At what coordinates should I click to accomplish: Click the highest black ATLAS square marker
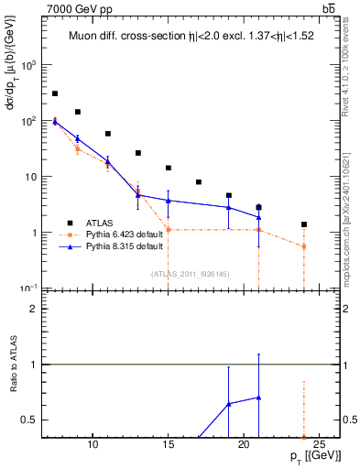[x=55, y=93]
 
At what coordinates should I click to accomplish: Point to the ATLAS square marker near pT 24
[x=304, y=224]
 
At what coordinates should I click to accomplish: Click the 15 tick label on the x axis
[x=168, y=445]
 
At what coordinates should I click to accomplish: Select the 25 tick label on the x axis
[x=319, y=445]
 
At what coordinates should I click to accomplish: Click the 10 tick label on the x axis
[x=93, y=445]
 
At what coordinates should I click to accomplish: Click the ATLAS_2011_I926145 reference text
[x=190, y=273]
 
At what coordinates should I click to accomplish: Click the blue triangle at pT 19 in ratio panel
[x=228, y=403]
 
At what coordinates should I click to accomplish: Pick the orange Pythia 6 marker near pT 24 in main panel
[x=304, y=246]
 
